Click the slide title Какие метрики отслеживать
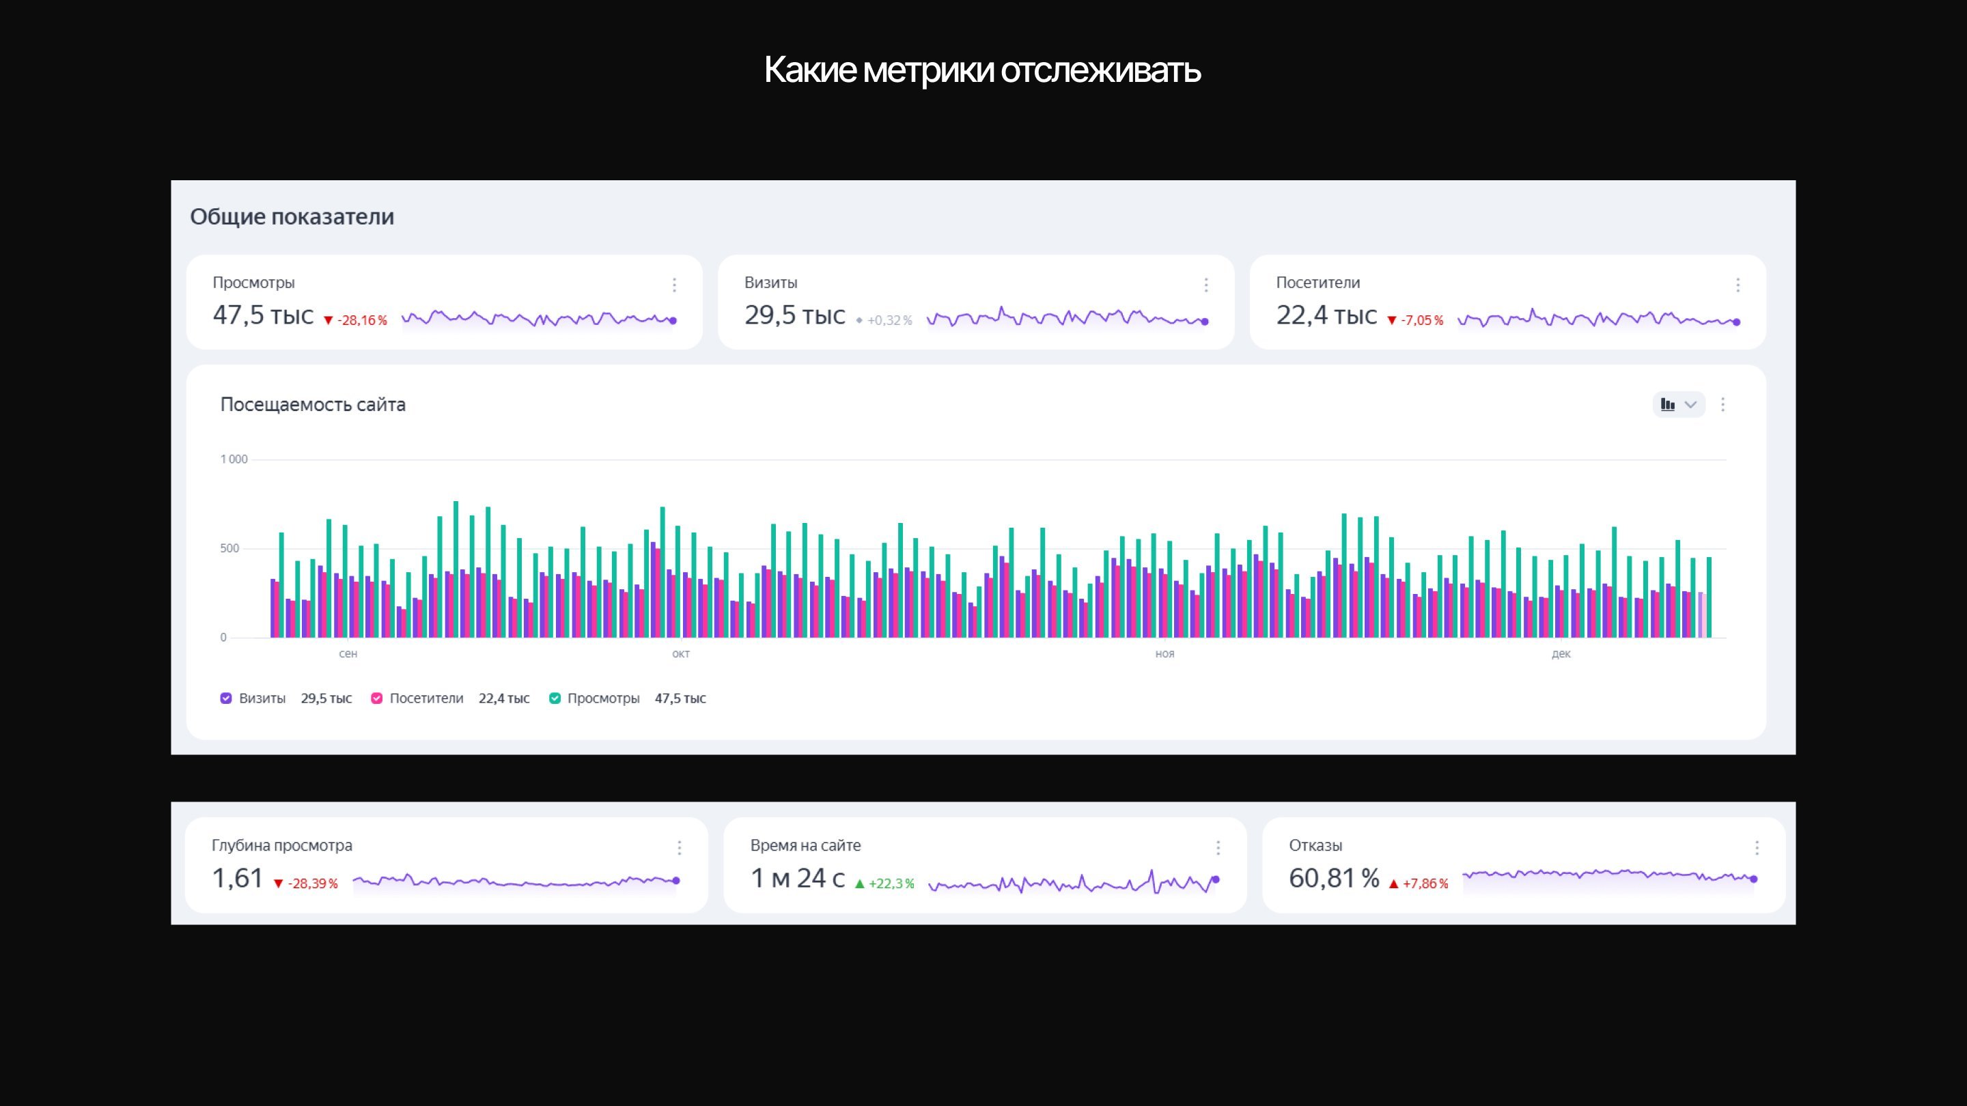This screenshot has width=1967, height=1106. tap(982, 70)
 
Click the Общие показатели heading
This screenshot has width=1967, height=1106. tap(292, 217)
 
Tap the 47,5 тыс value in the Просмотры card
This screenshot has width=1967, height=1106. tap(263, 315)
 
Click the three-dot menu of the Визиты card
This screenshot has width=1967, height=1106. tap(1205, 285)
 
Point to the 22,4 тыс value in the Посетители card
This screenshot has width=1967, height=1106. tap(1326, 315)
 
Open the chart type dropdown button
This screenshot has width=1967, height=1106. tap(1677, 405)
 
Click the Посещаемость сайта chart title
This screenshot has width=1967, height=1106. tap(312, 405)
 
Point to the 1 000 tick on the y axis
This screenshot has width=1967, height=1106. tap(234, 459)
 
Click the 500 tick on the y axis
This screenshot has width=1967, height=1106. tap(229, 548)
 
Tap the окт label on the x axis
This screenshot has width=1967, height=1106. tap(680, 654)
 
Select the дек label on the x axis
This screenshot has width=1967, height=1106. tap(1561, 654)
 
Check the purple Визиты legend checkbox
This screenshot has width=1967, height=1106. tap(226, 698)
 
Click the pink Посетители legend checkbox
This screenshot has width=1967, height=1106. tap(376, 698)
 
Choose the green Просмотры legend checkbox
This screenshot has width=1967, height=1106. tap(555, 698)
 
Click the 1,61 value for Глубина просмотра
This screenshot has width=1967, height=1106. tap(237, 879)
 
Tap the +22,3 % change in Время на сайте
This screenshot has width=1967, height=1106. tap(885, 884)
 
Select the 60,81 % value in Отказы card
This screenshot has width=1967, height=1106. tap(1333, 879)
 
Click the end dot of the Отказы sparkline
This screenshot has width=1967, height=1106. tap(1754, 879)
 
